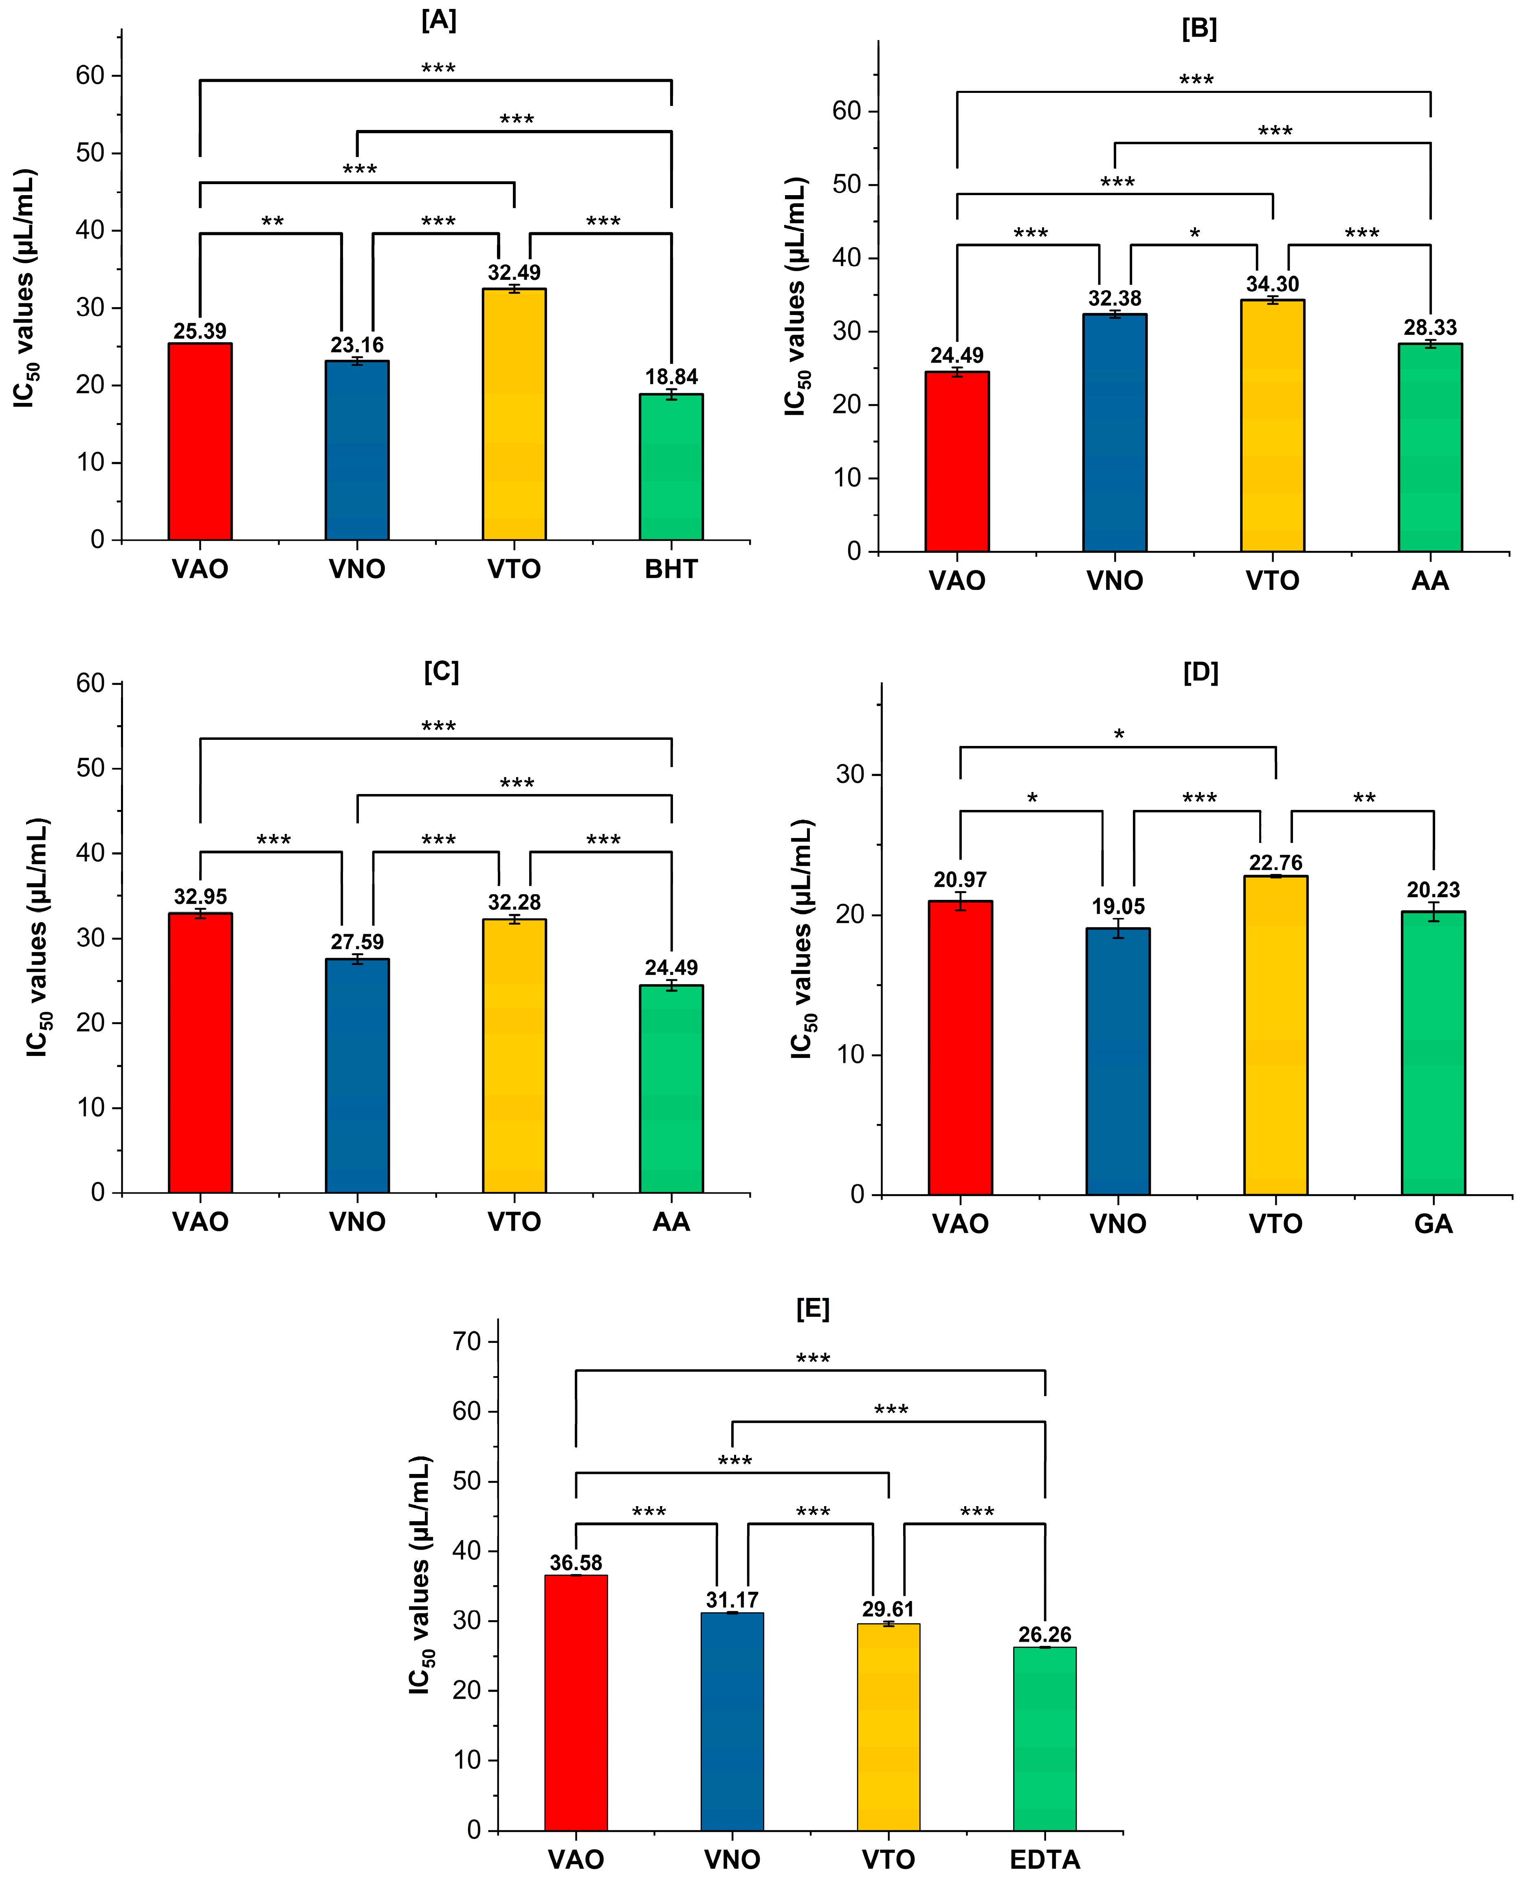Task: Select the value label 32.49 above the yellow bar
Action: coord(514,273)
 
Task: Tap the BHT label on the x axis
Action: coord(671,570)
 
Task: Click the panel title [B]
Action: coord(1199,29)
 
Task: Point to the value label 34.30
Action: coord(1272,284)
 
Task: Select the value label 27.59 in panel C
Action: coord(357,942)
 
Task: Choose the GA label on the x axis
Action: coord(1433,1224)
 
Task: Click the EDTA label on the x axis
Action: coord(1044,1859)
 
